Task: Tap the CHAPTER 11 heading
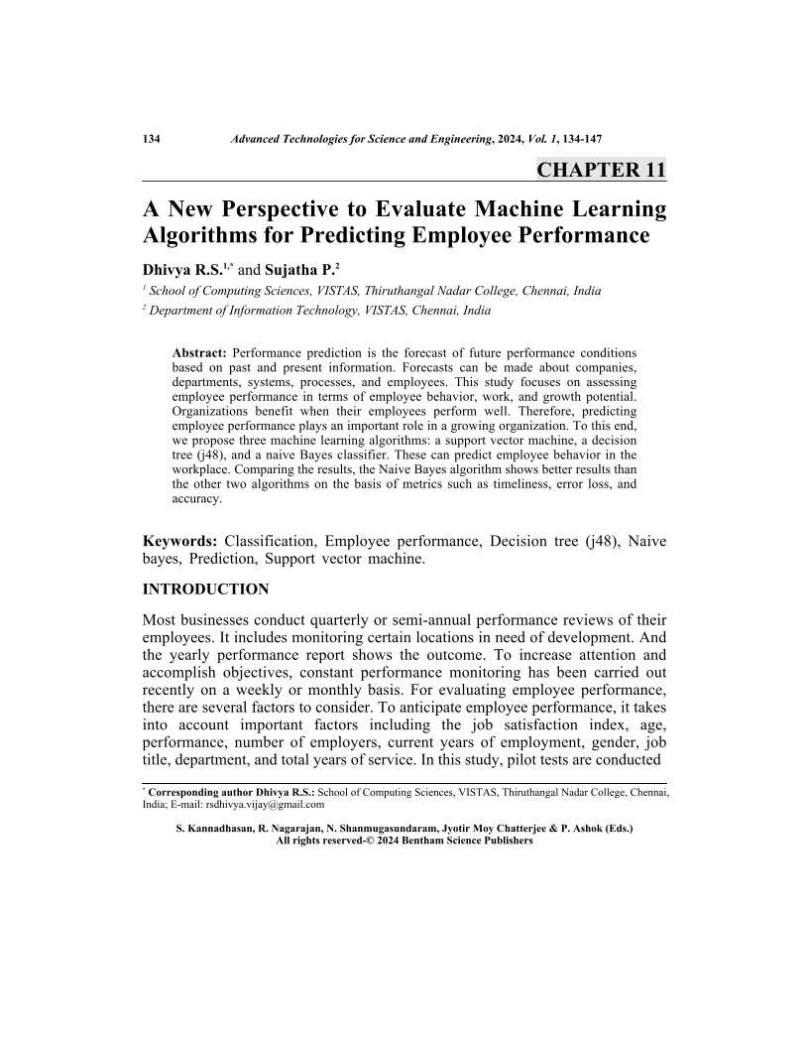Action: (601, 170)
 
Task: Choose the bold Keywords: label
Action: (179, 541)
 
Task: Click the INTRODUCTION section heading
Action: (205, 589)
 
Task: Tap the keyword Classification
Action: (270, 541)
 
